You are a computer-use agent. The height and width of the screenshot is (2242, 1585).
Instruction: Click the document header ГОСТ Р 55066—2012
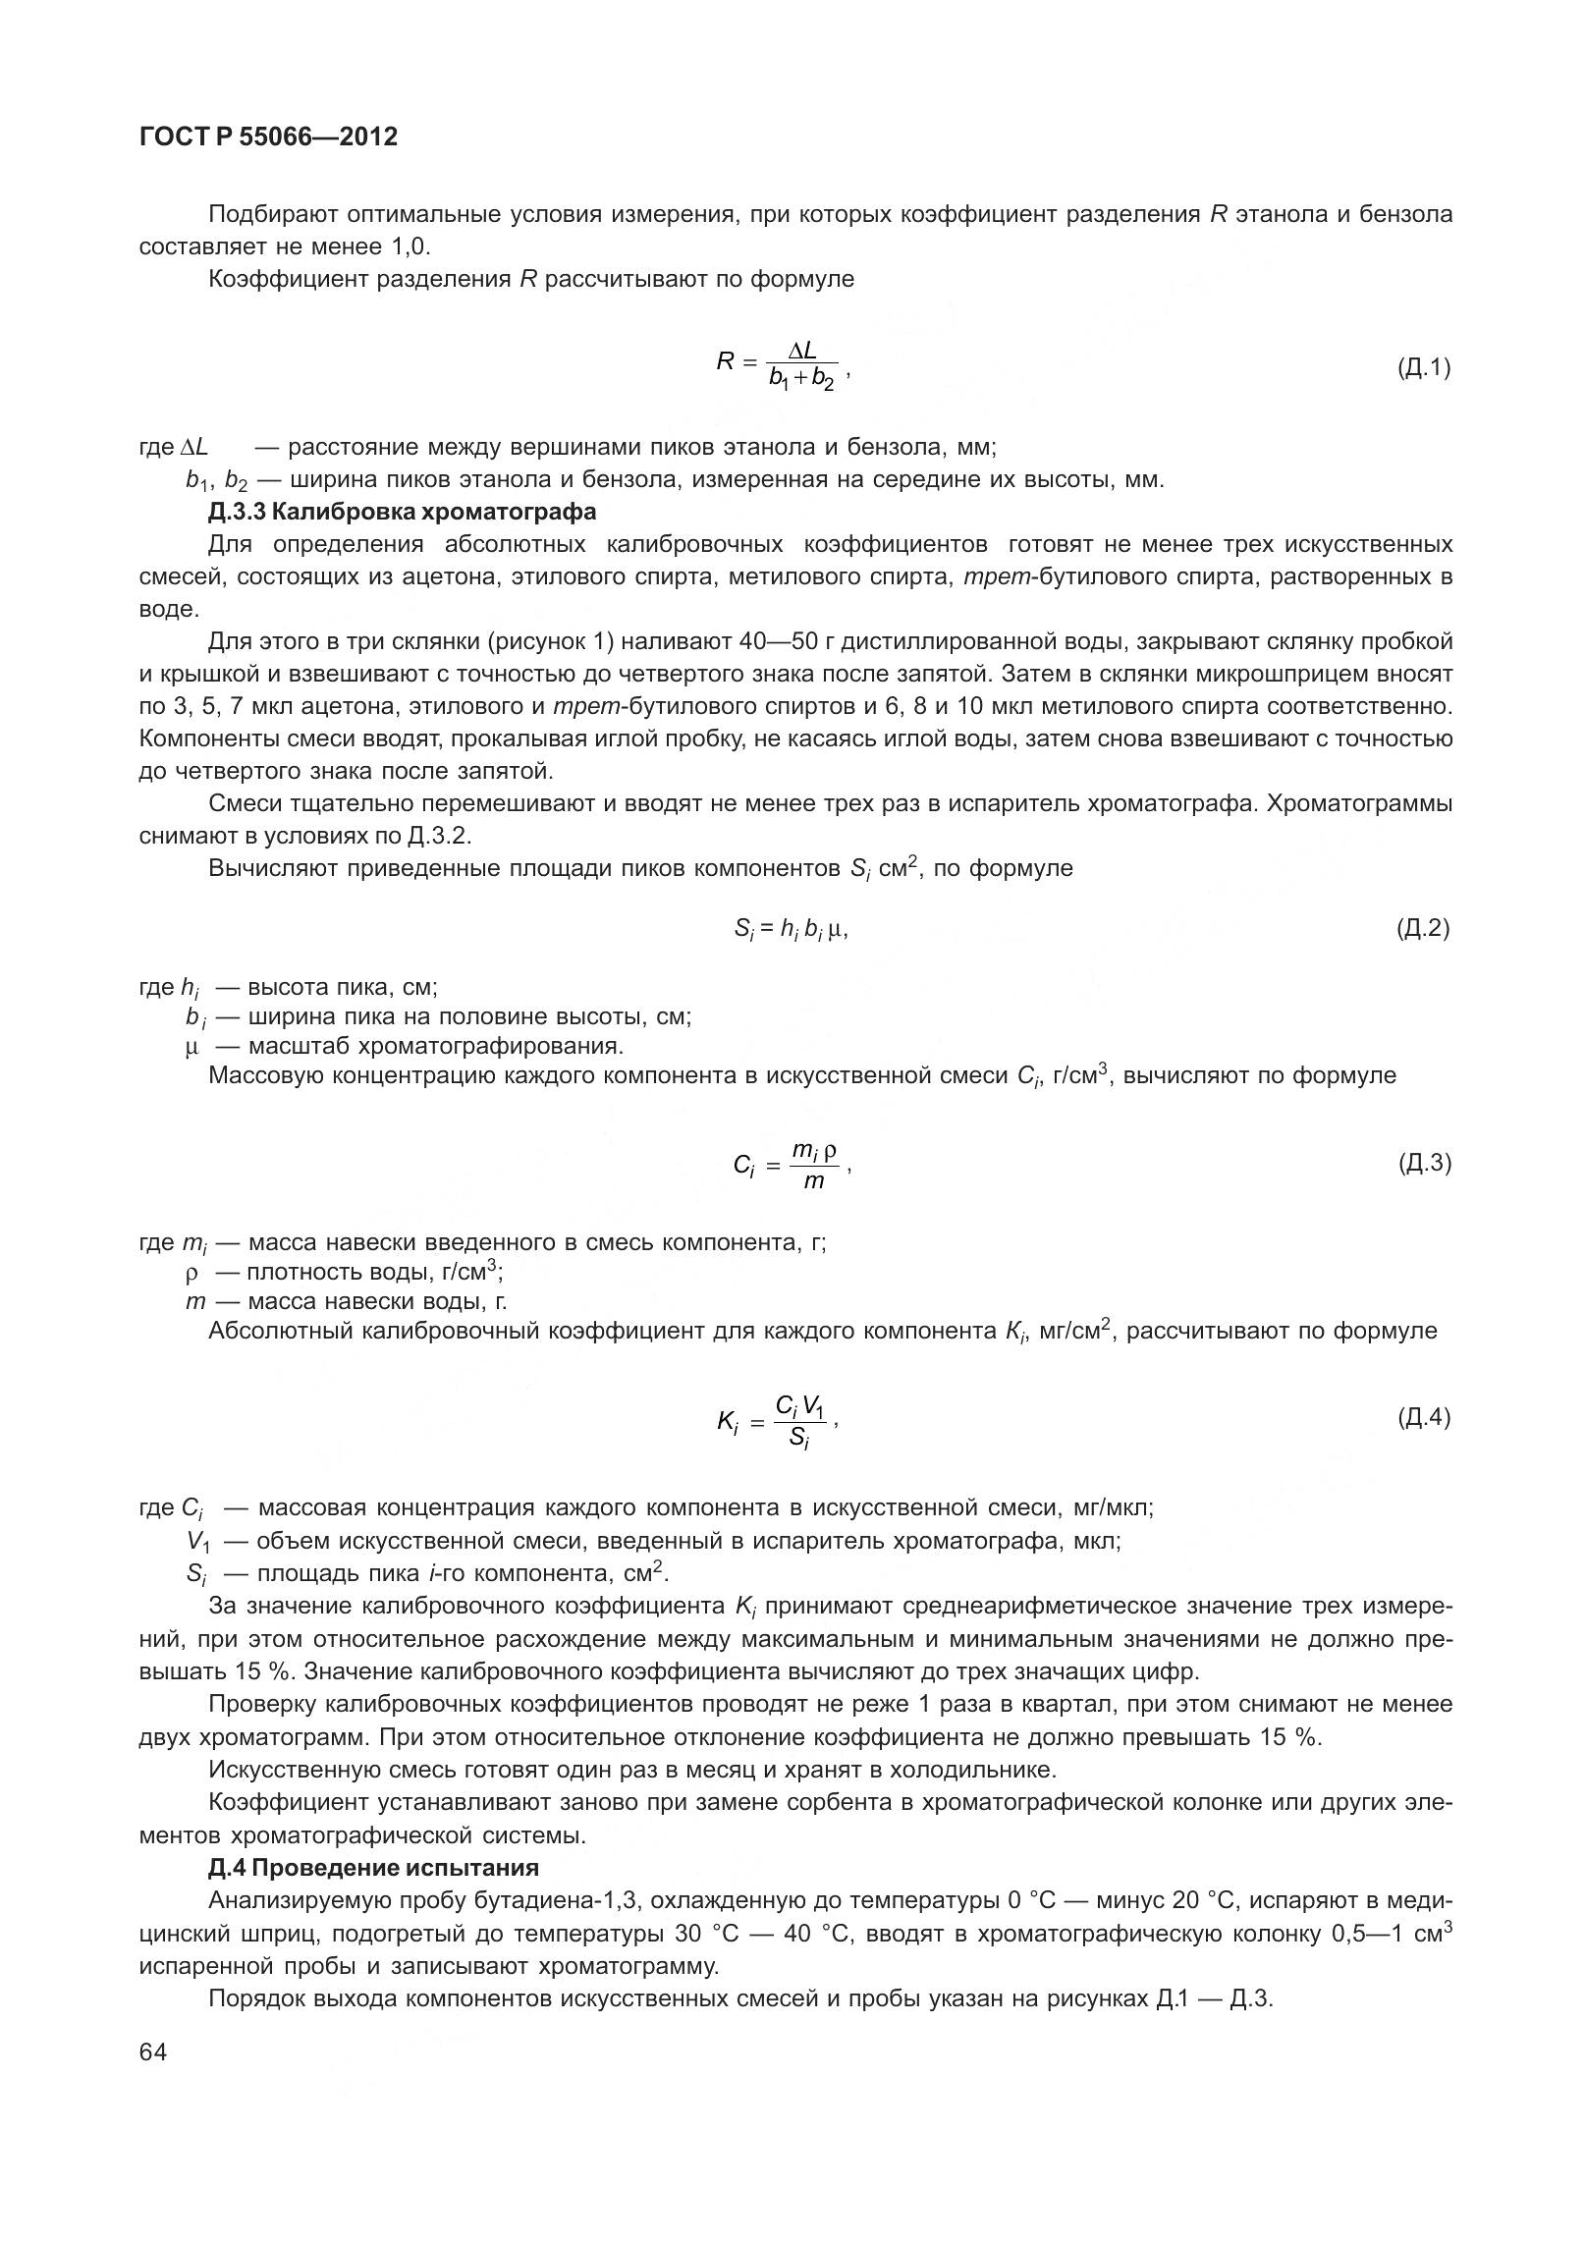click(268, 137)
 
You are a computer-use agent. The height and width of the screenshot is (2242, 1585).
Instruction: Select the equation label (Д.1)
click(1423, 368)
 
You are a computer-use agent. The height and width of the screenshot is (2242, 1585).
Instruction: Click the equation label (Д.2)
click(1423, 928)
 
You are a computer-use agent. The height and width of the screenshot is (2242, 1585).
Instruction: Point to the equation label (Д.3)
click(1423, 1164)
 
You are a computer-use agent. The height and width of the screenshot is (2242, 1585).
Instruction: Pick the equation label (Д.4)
click(1423, 1417)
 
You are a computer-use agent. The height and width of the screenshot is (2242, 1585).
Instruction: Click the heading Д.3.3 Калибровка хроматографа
click(402, 512)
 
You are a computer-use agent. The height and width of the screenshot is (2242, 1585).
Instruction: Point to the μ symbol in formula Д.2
click(836, 929)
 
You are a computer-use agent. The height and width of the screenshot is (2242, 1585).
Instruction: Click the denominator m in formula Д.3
click(814, 1181)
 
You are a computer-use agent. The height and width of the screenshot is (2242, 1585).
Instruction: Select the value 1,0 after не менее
click(410, 246)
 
